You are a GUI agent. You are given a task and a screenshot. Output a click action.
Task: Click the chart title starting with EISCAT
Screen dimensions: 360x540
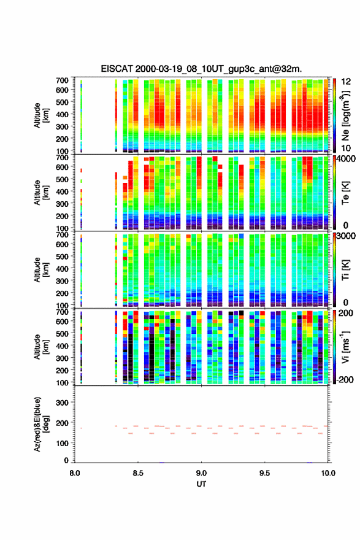(x=201, y=69)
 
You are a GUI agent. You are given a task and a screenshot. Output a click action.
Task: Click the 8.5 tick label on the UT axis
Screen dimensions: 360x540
(x=138, y=473)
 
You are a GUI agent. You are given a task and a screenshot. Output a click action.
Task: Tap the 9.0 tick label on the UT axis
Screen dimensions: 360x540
(x=201, y=473)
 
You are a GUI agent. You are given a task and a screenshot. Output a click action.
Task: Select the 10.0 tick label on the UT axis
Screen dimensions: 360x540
(x=328, y=473)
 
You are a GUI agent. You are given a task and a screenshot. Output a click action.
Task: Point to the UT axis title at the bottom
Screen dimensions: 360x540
(x=201, y=484)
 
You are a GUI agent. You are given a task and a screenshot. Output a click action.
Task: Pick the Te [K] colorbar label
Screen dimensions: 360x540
(x=345, y=193)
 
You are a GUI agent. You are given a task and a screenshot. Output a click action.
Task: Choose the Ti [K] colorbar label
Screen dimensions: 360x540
(x=345, y=270)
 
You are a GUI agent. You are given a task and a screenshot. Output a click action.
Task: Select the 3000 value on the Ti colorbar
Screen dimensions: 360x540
(x=346, y=236)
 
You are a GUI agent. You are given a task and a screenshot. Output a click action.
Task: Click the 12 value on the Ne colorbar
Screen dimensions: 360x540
(x=346, y=82)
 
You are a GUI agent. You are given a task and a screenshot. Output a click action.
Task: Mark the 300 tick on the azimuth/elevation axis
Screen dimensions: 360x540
(x=63, y=403)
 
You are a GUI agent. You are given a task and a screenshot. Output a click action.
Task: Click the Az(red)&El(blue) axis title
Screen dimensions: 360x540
(x=41, y=424)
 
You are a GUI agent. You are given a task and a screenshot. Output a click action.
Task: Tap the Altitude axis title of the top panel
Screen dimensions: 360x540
(x=41, y=115)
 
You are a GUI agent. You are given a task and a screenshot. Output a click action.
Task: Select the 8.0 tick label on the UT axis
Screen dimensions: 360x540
(x=75, y=473)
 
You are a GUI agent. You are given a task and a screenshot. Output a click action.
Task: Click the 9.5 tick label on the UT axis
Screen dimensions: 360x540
(x=265, y=473)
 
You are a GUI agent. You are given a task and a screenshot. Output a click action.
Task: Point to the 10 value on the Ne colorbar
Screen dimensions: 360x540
(x=346, y=148)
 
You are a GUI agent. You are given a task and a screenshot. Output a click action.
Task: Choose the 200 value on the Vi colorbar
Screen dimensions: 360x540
(x=346, y=313)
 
